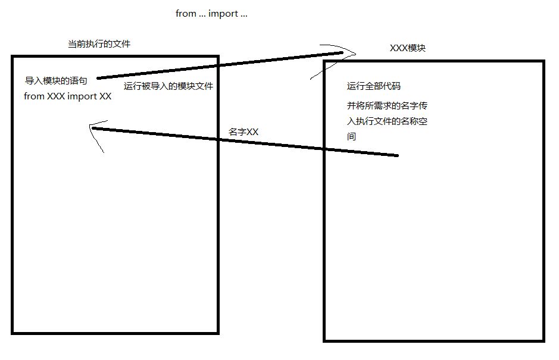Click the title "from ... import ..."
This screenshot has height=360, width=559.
tap(211, 13)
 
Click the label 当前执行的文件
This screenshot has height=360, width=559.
tap(99, 44)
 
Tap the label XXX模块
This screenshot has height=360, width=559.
tap(408, 48)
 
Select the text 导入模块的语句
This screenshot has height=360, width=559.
tap(56, 81)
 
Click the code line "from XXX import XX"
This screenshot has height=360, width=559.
tap(67, 96)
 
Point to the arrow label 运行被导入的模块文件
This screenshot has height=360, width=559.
tap(168, 86)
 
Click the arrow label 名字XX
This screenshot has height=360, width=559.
tap(243, 132)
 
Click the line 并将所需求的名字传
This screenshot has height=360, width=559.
tap(387, 107)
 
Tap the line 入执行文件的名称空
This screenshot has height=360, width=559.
tap(388, 122)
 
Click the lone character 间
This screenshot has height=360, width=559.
tap(351, 137)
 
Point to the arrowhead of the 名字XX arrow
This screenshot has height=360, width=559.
tap(93, 128)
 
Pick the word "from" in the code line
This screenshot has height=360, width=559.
tap(34, 96)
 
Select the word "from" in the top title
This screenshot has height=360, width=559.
tap(186, 13)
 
